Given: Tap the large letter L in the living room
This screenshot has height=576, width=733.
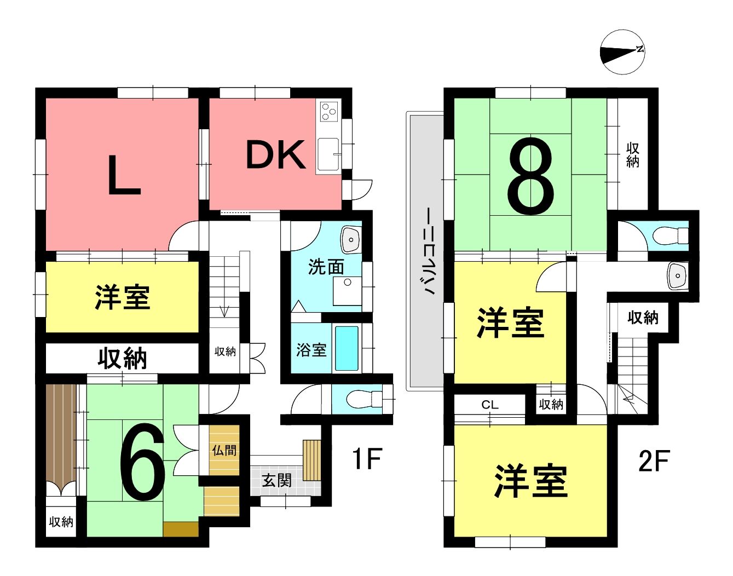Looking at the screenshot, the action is pos(124,175).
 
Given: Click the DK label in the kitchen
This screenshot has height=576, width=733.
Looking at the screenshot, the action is pos(275,155).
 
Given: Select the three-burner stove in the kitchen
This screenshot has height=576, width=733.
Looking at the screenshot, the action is pos(329,111).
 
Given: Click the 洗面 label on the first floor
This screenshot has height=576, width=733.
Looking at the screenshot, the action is pos(326,267).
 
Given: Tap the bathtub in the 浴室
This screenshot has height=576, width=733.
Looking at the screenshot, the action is pos(347,349).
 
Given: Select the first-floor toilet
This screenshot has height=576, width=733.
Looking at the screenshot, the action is pos(364,400).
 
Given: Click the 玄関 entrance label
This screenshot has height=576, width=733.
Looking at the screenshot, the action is pos(276,481).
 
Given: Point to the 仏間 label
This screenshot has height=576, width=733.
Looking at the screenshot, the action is pos(224,450).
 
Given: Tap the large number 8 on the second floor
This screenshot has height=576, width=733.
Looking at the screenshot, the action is pos(530,176).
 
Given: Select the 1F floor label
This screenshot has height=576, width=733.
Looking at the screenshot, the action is pos(367,458).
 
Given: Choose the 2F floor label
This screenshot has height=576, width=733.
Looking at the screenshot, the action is pos(654,460).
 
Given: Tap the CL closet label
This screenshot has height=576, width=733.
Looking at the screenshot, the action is pos(490,405).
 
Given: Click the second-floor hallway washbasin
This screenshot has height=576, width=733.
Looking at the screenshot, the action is pos(677,275).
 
